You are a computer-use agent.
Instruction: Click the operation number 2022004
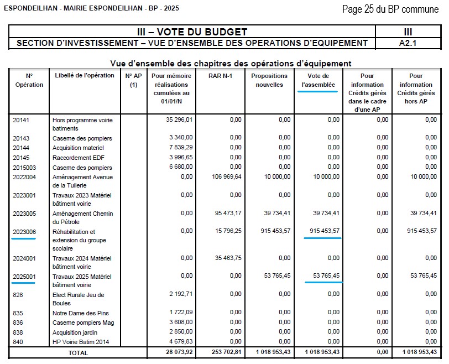coord(24,177)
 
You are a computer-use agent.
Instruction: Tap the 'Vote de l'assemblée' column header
coord(318,80)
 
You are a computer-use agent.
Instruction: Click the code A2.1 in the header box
coord(408,43)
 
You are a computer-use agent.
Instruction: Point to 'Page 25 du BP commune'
coord(390,9)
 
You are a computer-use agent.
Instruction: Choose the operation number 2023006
coord(24,232)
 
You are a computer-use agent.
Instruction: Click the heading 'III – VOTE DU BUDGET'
coord(192,32)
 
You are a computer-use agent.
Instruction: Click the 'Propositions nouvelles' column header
coord(269,80)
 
